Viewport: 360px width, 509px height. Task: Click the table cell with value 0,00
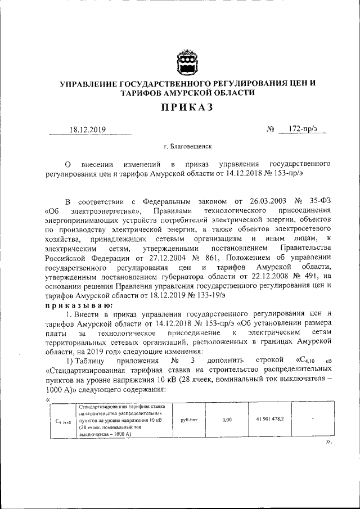(227, 420)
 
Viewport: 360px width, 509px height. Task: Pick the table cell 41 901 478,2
(270, 419)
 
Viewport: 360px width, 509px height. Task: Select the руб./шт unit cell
(188, 420)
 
